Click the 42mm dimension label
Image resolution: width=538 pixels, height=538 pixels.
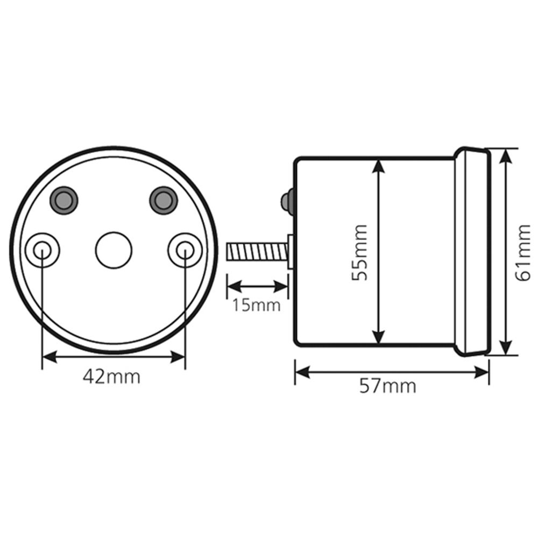point(111,377)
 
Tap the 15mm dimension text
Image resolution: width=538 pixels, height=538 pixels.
point(257,305)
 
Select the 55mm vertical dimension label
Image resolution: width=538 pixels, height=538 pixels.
point(359,252)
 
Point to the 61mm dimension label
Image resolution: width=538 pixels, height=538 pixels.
point(522,252)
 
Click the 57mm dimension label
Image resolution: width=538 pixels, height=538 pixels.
point(387,386)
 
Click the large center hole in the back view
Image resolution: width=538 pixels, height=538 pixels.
point(114,250)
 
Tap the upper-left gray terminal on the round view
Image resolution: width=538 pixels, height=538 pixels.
point(63,200)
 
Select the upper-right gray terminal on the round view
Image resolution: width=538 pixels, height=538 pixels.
point(163,200)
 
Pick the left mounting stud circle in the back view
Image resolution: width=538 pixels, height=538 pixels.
point(43,250)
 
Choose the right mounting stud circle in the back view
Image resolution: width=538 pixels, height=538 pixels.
point(185,250)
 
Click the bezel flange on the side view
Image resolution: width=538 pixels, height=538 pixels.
point(473,252)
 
